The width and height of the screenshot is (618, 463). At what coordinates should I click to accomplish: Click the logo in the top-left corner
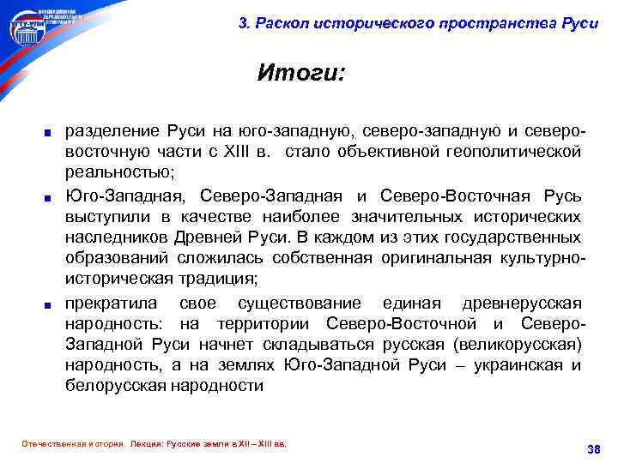click(43, 27)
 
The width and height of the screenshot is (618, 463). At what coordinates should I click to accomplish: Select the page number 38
click(591, 449)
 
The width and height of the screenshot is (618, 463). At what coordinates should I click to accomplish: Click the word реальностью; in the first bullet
click(119, 173)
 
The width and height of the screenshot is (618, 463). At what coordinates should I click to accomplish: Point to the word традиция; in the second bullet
click(219, 279)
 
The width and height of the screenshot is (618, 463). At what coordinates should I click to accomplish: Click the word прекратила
click(112, 304)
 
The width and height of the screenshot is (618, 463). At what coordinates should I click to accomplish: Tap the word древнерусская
click(521, 304)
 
